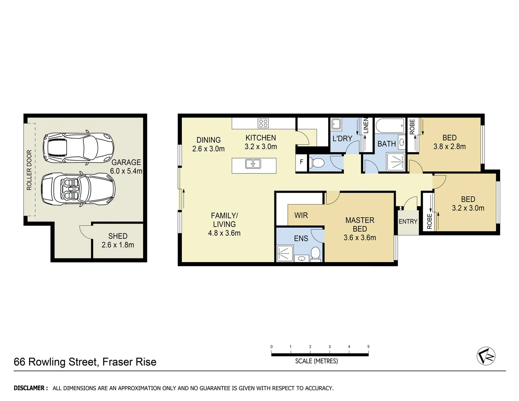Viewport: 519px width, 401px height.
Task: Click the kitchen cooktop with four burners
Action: [263, 123]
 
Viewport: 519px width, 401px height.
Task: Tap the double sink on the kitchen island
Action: [253, 163]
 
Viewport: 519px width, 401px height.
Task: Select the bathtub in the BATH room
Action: [390, 126]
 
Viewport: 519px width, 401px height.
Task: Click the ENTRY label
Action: [408, 221]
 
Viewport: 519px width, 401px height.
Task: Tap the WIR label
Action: [301, 215]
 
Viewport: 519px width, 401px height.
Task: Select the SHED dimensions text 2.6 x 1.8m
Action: [118, 245]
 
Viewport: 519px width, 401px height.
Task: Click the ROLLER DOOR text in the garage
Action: [29, 170]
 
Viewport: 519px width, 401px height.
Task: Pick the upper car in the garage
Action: [78, 147]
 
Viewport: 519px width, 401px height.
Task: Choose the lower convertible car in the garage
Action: [78, 189]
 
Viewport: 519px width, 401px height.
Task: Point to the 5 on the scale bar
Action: [368, 347]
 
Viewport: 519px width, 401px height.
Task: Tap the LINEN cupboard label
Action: [366, 125]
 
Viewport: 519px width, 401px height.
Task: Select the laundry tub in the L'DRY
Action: [336, 124]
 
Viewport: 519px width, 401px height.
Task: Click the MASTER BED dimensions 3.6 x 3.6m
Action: [359, 238]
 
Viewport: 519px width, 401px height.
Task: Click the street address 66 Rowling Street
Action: [56, 362]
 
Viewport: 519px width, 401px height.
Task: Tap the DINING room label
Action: [208, 140]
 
